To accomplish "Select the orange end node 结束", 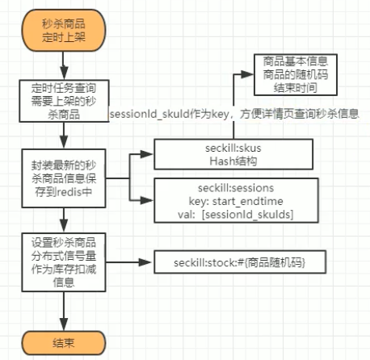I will (63, 341).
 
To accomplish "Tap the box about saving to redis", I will (62, 176).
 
